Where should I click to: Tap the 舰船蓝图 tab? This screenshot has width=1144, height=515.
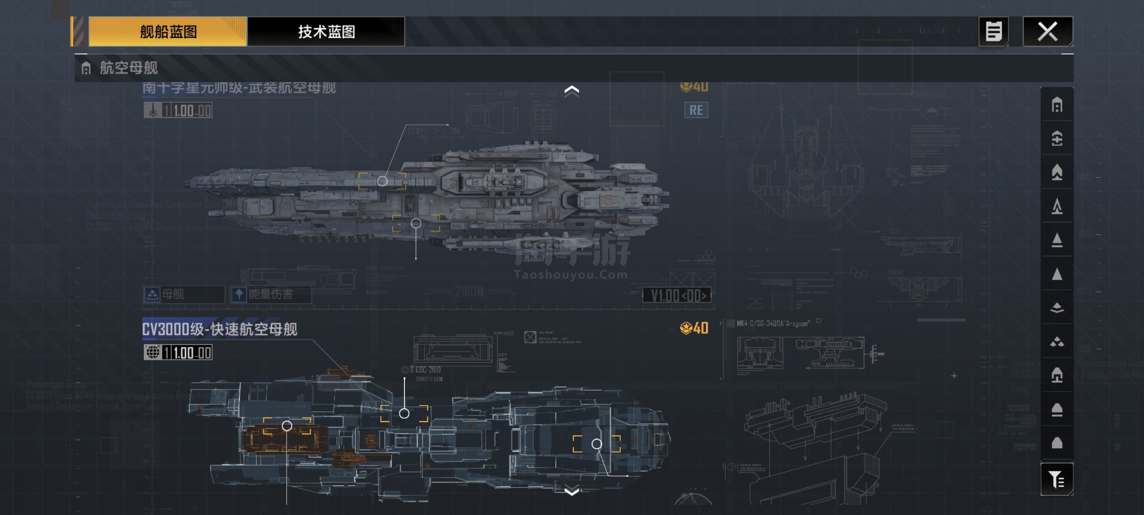(168, 32)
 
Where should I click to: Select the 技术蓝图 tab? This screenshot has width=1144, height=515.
(326, 32)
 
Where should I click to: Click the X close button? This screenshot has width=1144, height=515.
(1047, 32)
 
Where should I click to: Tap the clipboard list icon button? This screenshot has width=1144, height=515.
(993, 32)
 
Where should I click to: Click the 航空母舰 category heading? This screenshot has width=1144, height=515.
(129, 68)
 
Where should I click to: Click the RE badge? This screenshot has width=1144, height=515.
(696, 110)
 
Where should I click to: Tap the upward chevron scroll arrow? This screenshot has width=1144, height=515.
(572, 91)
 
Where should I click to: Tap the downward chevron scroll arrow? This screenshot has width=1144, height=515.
(572, 492)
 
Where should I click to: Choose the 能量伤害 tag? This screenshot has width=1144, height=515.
(270, 294)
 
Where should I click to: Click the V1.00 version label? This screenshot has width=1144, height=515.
(677, 295)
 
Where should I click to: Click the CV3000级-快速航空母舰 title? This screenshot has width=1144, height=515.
(219, 329)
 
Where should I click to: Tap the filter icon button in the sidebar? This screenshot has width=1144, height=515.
(1057, 480)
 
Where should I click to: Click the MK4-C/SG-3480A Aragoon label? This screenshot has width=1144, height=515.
(772, 324)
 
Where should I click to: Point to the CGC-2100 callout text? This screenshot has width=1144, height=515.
(428, 370)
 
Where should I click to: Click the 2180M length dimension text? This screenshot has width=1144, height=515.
(469, 292)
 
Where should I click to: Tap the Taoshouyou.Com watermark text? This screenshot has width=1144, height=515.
(571, 274)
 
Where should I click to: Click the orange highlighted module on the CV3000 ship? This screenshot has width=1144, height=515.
(284, 439)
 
